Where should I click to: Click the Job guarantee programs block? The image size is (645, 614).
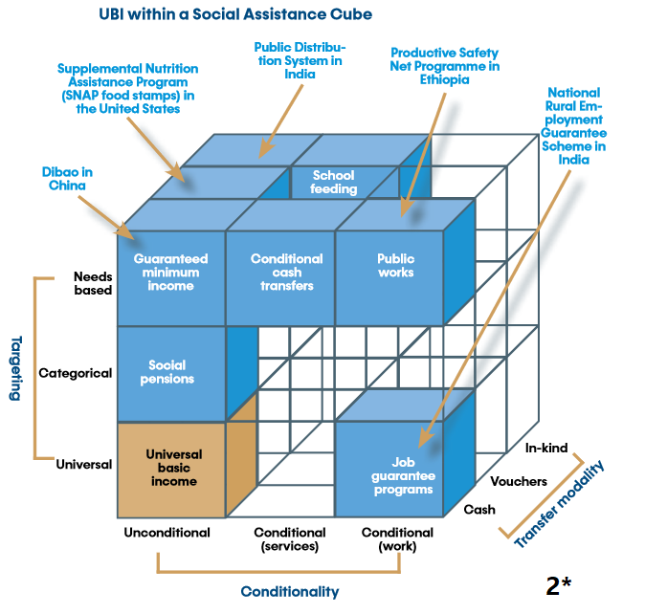coord(399,474)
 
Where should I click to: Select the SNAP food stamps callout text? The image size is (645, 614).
coord(127,89)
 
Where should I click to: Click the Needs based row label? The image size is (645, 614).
coord(93,283)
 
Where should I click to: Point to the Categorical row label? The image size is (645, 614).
coord(75,373)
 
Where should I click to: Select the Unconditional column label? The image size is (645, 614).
coord(167,533)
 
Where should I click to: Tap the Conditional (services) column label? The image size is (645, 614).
coord(286,539)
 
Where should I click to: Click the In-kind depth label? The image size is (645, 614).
coord(547,448)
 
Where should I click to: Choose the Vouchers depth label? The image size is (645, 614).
coord(519,481)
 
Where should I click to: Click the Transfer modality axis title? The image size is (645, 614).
coord(561,504)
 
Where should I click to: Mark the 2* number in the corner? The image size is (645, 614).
coord(559,585)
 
